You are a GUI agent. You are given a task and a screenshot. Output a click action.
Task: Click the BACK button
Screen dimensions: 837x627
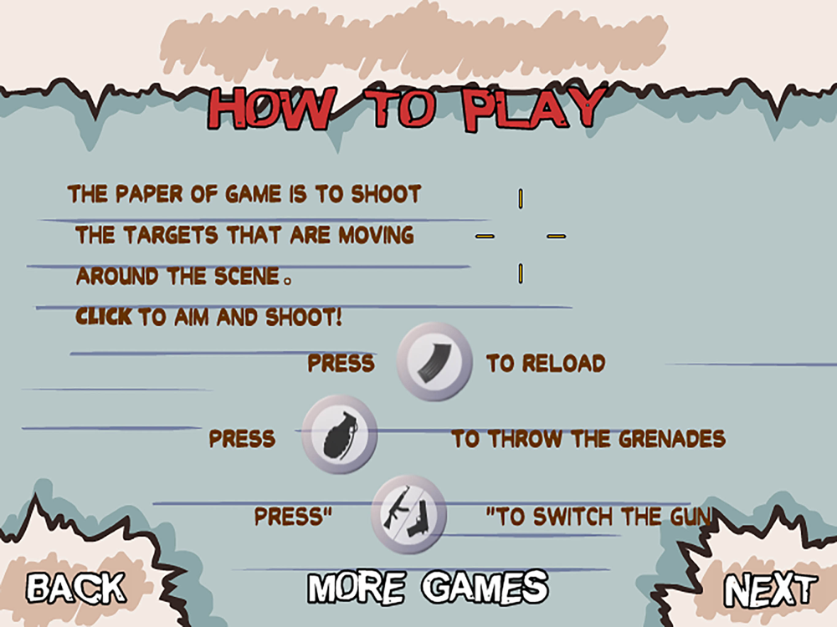[x=76, y=588]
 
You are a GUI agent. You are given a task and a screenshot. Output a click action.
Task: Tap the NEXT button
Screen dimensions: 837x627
[x=770, y=590]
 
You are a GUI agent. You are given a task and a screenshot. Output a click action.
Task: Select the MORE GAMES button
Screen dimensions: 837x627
[x=428, y=587]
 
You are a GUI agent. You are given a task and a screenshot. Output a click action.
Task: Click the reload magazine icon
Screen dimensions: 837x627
[x=434, y=361]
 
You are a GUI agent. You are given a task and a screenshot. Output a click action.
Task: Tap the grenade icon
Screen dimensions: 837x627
[x=340, y=435]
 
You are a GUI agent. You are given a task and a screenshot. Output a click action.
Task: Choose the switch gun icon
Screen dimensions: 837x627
[x=409, y=514]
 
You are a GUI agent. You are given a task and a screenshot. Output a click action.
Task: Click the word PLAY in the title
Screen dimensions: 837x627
[x=534, y=110]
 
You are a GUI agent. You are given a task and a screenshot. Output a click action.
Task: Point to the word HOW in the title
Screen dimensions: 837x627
[x=272, y=109]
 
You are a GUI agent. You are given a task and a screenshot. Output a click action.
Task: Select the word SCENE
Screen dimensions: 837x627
[x=247, y=276]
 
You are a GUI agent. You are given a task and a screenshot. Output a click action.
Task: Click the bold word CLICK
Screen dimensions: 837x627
[x=104, y=317]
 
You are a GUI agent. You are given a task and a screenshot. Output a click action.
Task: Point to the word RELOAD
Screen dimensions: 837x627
[x=563, y=363]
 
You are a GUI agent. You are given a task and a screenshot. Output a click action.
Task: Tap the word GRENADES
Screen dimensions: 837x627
[x=672, y=439]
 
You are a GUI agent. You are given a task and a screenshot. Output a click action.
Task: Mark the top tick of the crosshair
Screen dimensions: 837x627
[x=521, y=198]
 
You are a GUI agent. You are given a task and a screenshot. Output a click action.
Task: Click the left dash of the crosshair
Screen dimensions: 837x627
[x=485, y=237]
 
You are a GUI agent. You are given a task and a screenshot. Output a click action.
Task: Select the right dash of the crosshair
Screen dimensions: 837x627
[x=557, y=237]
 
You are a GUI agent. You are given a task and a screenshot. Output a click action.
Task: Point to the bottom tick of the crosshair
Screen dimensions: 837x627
[x=521, y=273]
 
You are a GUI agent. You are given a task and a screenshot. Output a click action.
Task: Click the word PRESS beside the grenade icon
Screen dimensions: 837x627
[x=242, y=439]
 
